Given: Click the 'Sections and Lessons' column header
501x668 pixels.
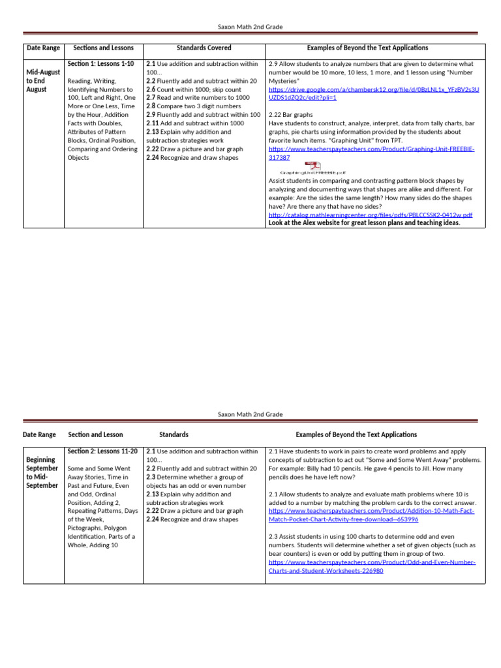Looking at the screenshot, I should (103, 48).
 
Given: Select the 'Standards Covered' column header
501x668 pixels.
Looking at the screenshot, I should (204, 48).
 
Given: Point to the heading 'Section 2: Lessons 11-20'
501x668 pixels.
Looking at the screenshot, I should (102, 451).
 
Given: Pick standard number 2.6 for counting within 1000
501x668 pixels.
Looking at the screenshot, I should (150, 89).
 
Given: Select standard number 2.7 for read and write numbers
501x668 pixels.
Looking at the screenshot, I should (150, 98).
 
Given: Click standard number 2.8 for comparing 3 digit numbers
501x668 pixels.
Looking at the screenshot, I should (150, 106).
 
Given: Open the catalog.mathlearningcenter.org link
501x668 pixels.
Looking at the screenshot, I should (370, 215).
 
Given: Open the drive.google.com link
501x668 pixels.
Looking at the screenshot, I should (373, 93).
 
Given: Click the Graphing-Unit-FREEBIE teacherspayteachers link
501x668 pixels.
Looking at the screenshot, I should (371, 153).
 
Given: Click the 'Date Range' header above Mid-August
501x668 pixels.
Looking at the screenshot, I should (43, 48).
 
